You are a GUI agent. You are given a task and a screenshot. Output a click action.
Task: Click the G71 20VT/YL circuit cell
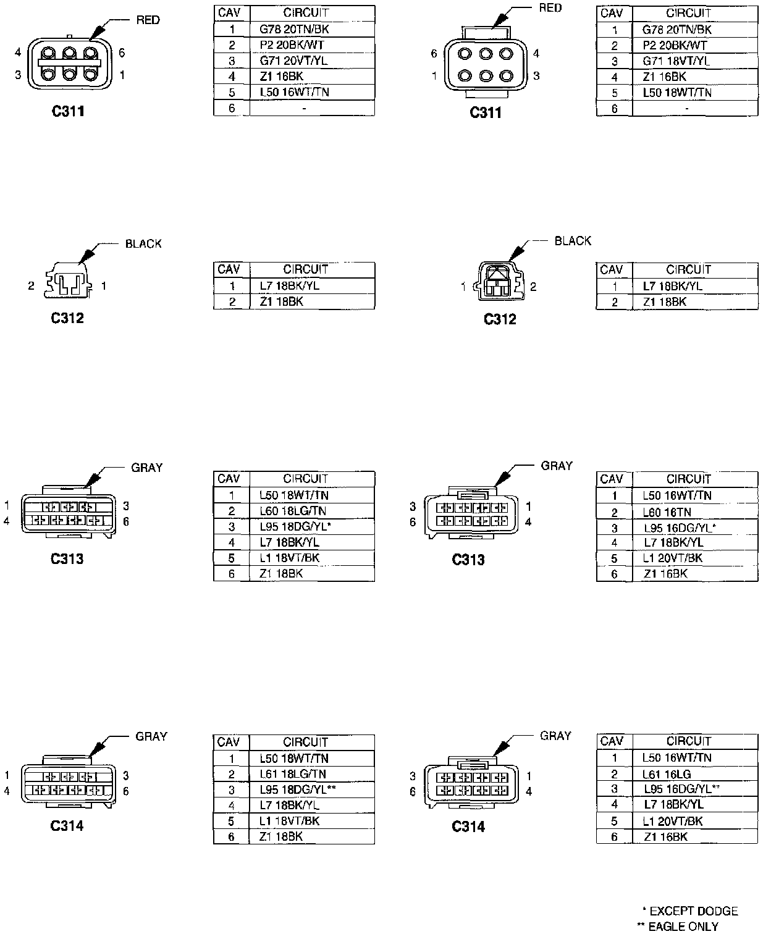[x=293, y=61]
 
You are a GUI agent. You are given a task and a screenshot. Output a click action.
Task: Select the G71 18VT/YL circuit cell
[x=676, y=61]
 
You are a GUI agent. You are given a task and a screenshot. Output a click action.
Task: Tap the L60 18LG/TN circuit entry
[x=293, y=511]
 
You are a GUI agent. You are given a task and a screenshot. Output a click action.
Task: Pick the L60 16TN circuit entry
[x=668, y=512]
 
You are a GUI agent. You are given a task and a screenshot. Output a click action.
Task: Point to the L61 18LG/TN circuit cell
[x=293, y=774]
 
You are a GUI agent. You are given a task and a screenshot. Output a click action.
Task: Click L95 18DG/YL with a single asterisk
[x=296, y=526]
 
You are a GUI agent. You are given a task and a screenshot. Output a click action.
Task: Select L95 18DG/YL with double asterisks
[x=298, y=789]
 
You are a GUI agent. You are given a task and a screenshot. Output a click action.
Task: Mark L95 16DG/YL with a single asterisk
[x=680, y=528]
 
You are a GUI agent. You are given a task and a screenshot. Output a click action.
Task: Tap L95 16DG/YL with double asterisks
[x=681, y=789]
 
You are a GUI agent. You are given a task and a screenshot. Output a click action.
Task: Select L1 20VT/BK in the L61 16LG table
[x=672, y=821]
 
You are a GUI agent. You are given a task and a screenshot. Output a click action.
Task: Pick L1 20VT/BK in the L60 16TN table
[x=672, y=558]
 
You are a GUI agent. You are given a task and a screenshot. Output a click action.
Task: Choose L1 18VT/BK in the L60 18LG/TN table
[x=289, y=558]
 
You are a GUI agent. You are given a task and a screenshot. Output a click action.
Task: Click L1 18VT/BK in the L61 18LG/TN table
[x=289, y=821]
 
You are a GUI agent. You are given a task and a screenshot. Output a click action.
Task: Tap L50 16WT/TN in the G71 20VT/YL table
[x=294, y=92]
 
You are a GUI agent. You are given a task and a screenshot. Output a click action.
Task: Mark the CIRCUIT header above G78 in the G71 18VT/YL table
[x=688, y=12]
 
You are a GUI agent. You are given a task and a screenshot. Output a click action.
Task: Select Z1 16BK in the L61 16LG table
[x=665, y=837]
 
